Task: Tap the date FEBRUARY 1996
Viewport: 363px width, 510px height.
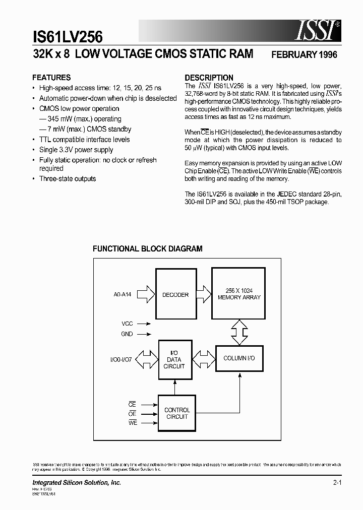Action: click(304, 54)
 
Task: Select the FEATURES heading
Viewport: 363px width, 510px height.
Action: click(51, 78)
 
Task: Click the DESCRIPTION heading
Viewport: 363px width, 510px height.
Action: click(209, 78)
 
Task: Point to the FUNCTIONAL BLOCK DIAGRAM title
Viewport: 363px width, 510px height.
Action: click(148, 248)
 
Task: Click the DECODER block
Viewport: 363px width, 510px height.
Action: click(175, 295)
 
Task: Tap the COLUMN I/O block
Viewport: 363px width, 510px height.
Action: click(239, 357)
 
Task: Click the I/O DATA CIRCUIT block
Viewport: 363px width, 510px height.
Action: click(174, 360)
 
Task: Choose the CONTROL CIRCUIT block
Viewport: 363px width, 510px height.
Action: click(177, 413)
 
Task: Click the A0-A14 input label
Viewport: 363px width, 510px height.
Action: click(123, 295)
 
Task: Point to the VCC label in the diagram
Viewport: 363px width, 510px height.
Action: click(128, 324)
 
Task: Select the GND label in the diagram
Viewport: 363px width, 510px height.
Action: click(127, 334)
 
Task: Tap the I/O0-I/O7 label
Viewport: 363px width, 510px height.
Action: click(122, 360)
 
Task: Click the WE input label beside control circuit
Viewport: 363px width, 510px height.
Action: click(133, 423)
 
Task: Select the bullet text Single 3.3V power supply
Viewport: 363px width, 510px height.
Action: click(76, 150)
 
